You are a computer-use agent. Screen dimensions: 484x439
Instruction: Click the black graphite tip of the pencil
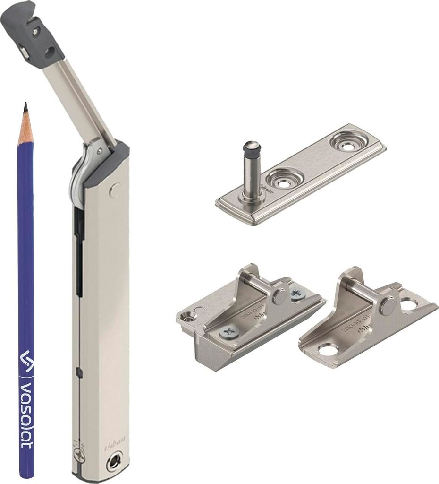pyautogui.click(x=25, y=107)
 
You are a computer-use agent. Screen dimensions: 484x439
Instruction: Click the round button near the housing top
pyautogui.click(x=114, y=190)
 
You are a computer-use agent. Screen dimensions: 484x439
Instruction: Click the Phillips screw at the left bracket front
pyautogui.click(x=228, y=333)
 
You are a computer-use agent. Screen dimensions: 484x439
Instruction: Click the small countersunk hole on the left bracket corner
pyautogui.click(x=189, y=317)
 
